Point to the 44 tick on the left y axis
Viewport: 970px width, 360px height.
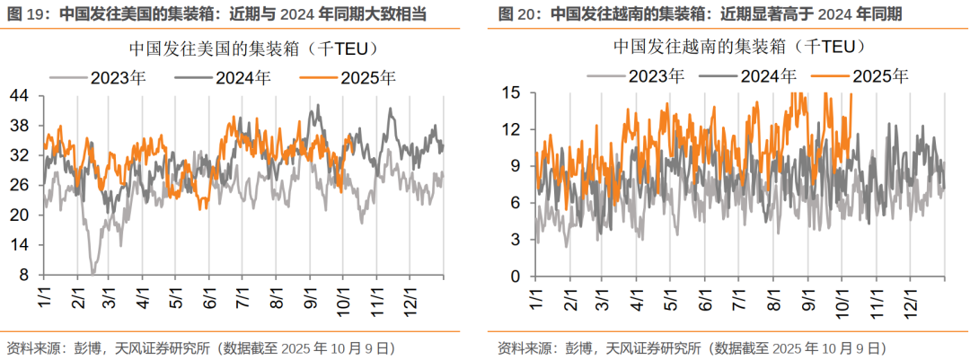click(x=20, y=95)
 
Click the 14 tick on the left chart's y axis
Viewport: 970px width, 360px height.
click(x=20, y=245)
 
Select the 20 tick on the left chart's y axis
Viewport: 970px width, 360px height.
click(x=20, y=215)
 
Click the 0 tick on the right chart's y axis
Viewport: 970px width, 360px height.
click(x=516, y=277)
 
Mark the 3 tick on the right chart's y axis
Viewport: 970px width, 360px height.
click(x=516, y=240)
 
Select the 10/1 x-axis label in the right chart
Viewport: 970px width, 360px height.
click(x=842, y=297)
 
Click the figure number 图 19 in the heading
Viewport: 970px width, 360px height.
click(x=24, y=13)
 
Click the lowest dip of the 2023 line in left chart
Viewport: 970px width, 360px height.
click(x=93, y=272)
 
